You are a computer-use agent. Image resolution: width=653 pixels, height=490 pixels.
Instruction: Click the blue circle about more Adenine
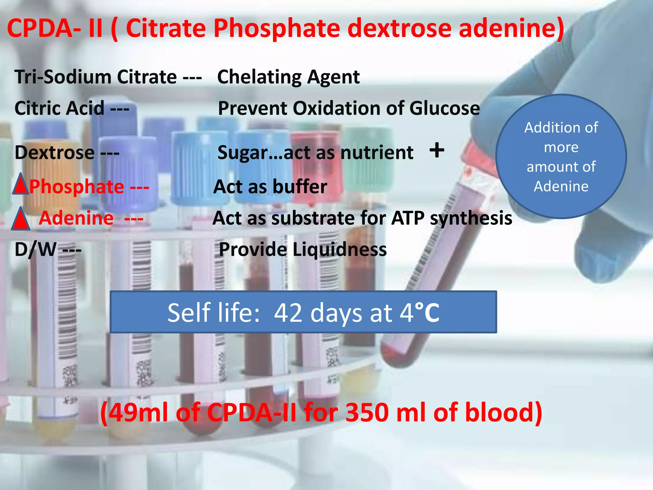tap(561, 156)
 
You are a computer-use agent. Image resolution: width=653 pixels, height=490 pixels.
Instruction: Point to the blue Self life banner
tap(303, 312)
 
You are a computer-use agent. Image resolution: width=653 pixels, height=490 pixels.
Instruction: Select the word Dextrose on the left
tap(55, 152)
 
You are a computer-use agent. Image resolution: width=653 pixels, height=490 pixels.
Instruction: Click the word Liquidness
tap(339, 249)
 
